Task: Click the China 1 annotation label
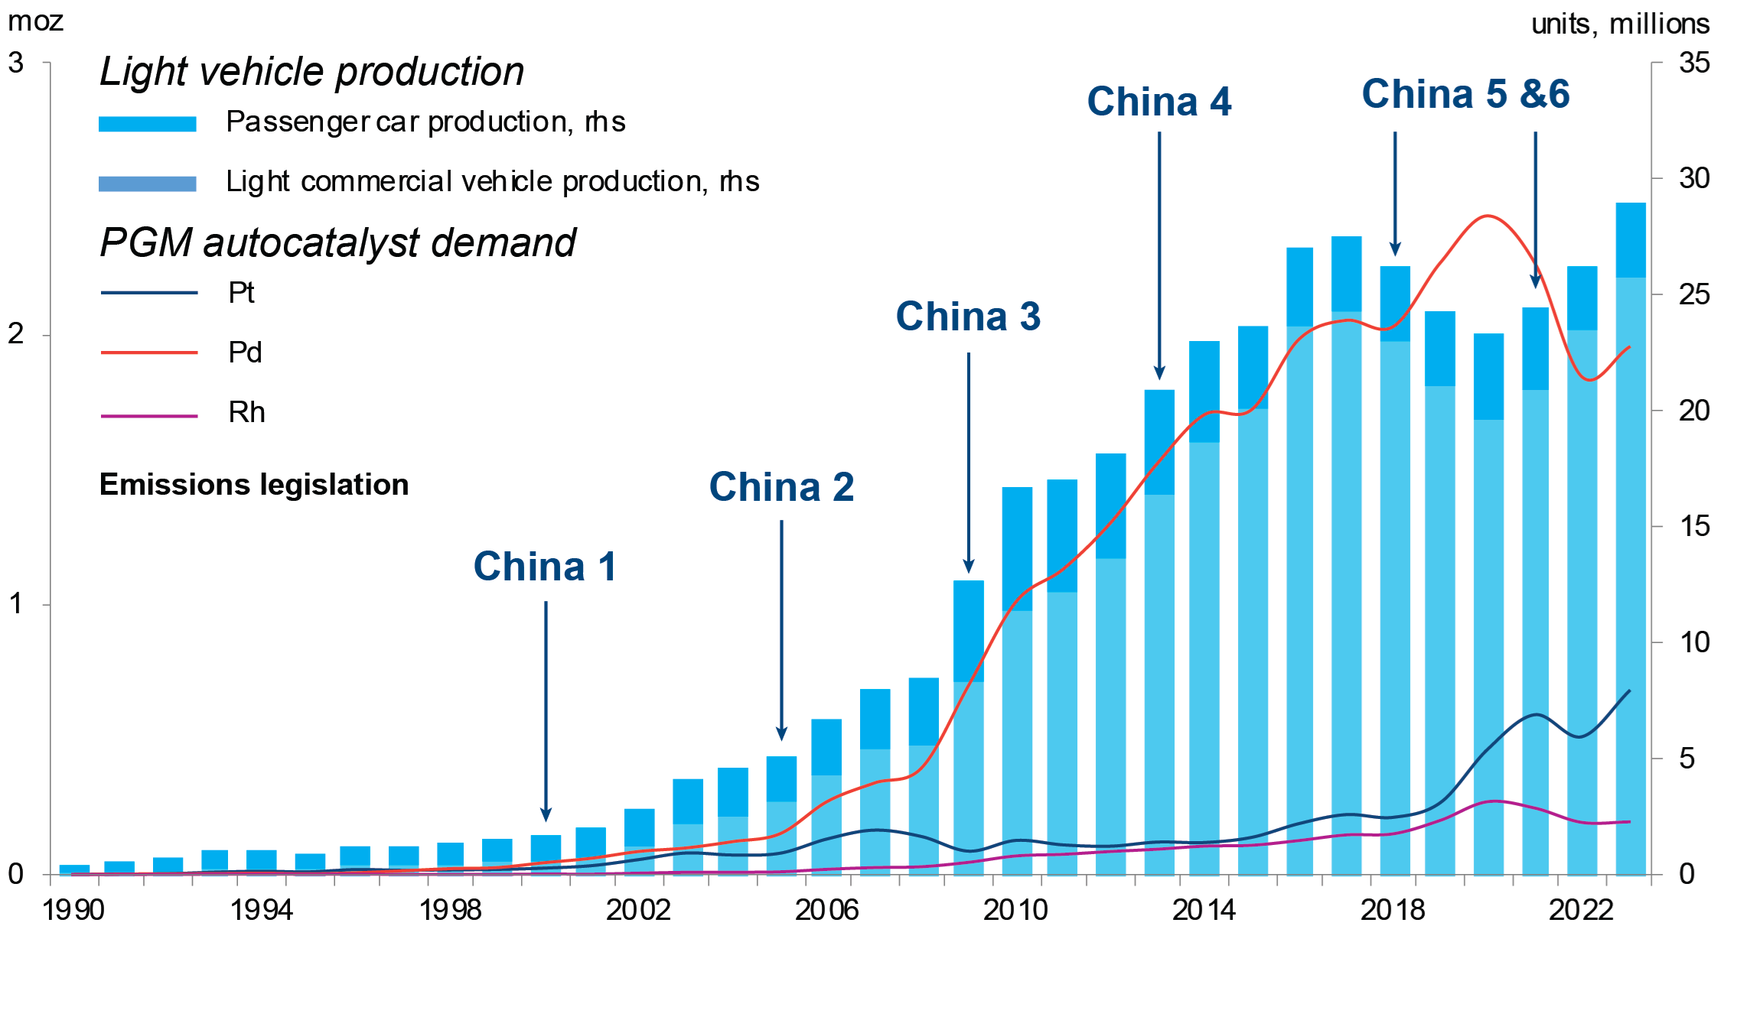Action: coord(545,567)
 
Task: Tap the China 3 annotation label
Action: coord(968,317)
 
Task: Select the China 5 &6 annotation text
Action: coord(1465,95)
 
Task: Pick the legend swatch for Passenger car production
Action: coord(147,124)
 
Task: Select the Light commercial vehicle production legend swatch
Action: coord(147,184)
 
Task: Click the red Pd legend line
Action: coord(149,353)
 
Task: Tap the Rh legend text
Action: coord(246,413)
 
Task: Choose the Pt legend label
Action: coord(241,293)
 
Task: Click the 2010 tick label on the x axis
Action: coord(1015,910)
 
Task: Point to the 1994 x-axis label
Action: coord(262,910)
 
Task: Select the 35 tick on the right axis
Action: coord(1694,63)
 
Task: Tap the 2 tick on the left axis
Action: coord(16,333)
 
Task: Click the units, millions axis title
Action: coord(1620,24)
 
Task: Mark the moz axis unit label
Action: coord(35,21)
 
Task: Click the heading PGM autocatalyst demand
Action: coord(337,243)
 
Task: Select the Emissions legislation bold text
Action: coord(254,485)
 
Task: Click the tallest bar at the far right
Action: coord(1631,535)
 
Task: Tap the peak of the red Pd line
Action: coord(1486,216)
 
